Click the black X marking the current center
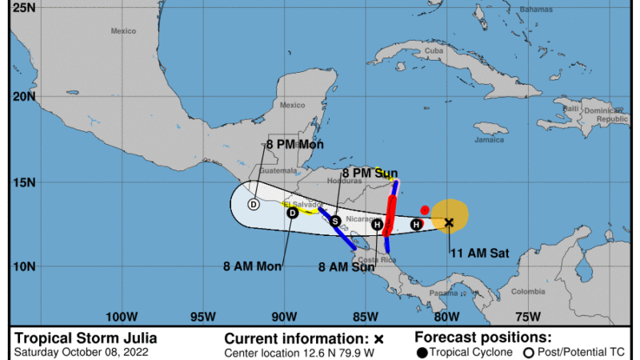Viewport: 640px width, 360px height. pos(449,222)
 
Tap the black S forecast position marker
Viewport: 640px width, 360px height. pos(335,221)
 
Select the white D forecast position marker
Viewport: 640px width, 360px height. pos(254,204)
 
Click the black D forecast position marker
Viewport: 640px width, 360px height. pos(293,212)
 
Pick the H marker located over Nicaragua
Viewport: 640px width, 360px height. pos(377,225)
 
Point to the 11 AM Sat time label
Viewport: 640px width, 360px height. pos(480,254)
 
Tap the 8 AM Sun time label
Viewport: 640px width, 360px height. pos(346,267)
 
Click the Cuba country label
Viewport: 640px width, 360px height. pos(434,50)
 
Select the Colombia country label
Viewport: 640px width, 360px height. pos(528,291)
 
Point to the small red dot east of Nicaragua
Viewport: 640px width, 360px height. pos(425,210)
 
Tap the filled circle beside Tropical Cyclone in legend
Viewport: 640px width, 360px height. pos(422,352)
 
